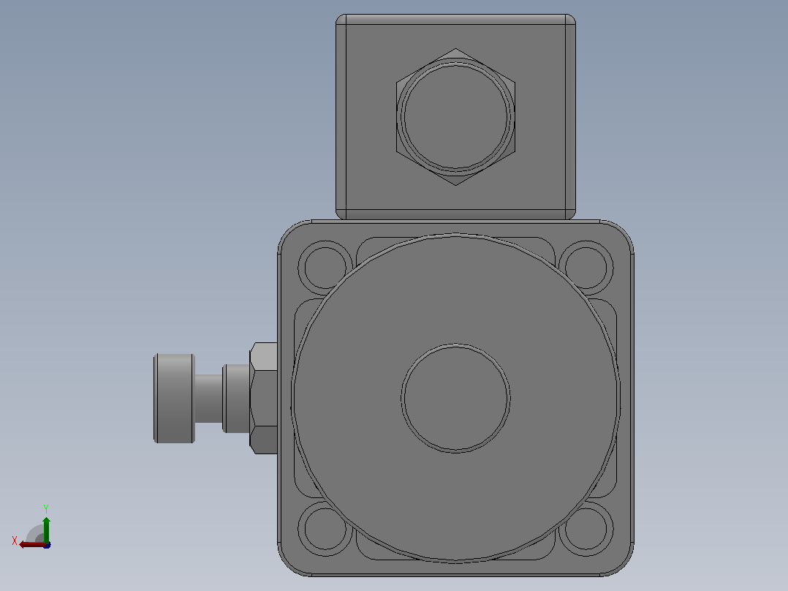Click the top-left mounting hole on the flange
[x=325, y=268]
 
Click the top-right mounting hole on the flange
[x=586, y=268]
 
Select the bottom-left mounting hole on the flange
[x=325, y=529]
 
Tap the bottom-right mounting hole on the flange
[x=586, y=529]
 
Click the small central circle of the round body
[x=456, y=399]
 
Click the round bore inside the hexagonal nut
[x=456, y=117]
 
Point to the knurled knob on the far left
[x=174, y=399]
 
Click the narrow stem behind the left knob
[x=208, y=399]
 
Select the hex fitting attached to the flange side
[x=264, y=399]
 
